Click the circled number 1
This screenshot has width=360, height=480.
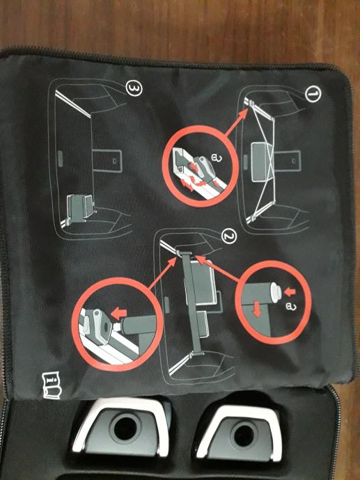[313, 94]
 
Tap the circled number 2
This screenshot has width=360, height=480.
[229, 237]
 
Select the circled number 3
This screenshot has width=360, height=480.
[134, 88]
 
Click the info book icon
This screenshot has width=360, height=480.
[52, 385]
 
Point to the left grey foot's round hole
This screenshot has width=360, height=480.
[125, 429]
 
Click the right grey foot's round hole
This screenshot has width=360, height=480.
[244, 435]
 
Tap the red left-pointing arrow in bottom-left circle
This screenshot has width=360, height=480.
[118, 313]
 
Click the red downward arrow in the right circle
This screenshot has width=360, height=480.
[257, 310]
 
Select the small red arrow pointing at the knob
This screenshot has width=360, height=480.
[290, 291]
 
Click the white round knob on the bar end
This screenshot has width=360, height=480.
[276, 292]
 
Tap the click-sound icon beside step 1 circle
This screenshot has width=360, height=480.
[216, 158]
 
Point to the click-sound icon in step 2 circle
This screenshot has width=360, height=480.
[291, 306]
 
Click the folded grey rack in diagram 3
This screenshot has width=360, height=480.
[79, 207]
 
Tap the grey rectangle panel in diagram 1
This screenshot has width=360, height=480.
[258, 162]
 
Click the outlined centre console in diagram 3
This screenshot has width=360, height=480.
[107, 161]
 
